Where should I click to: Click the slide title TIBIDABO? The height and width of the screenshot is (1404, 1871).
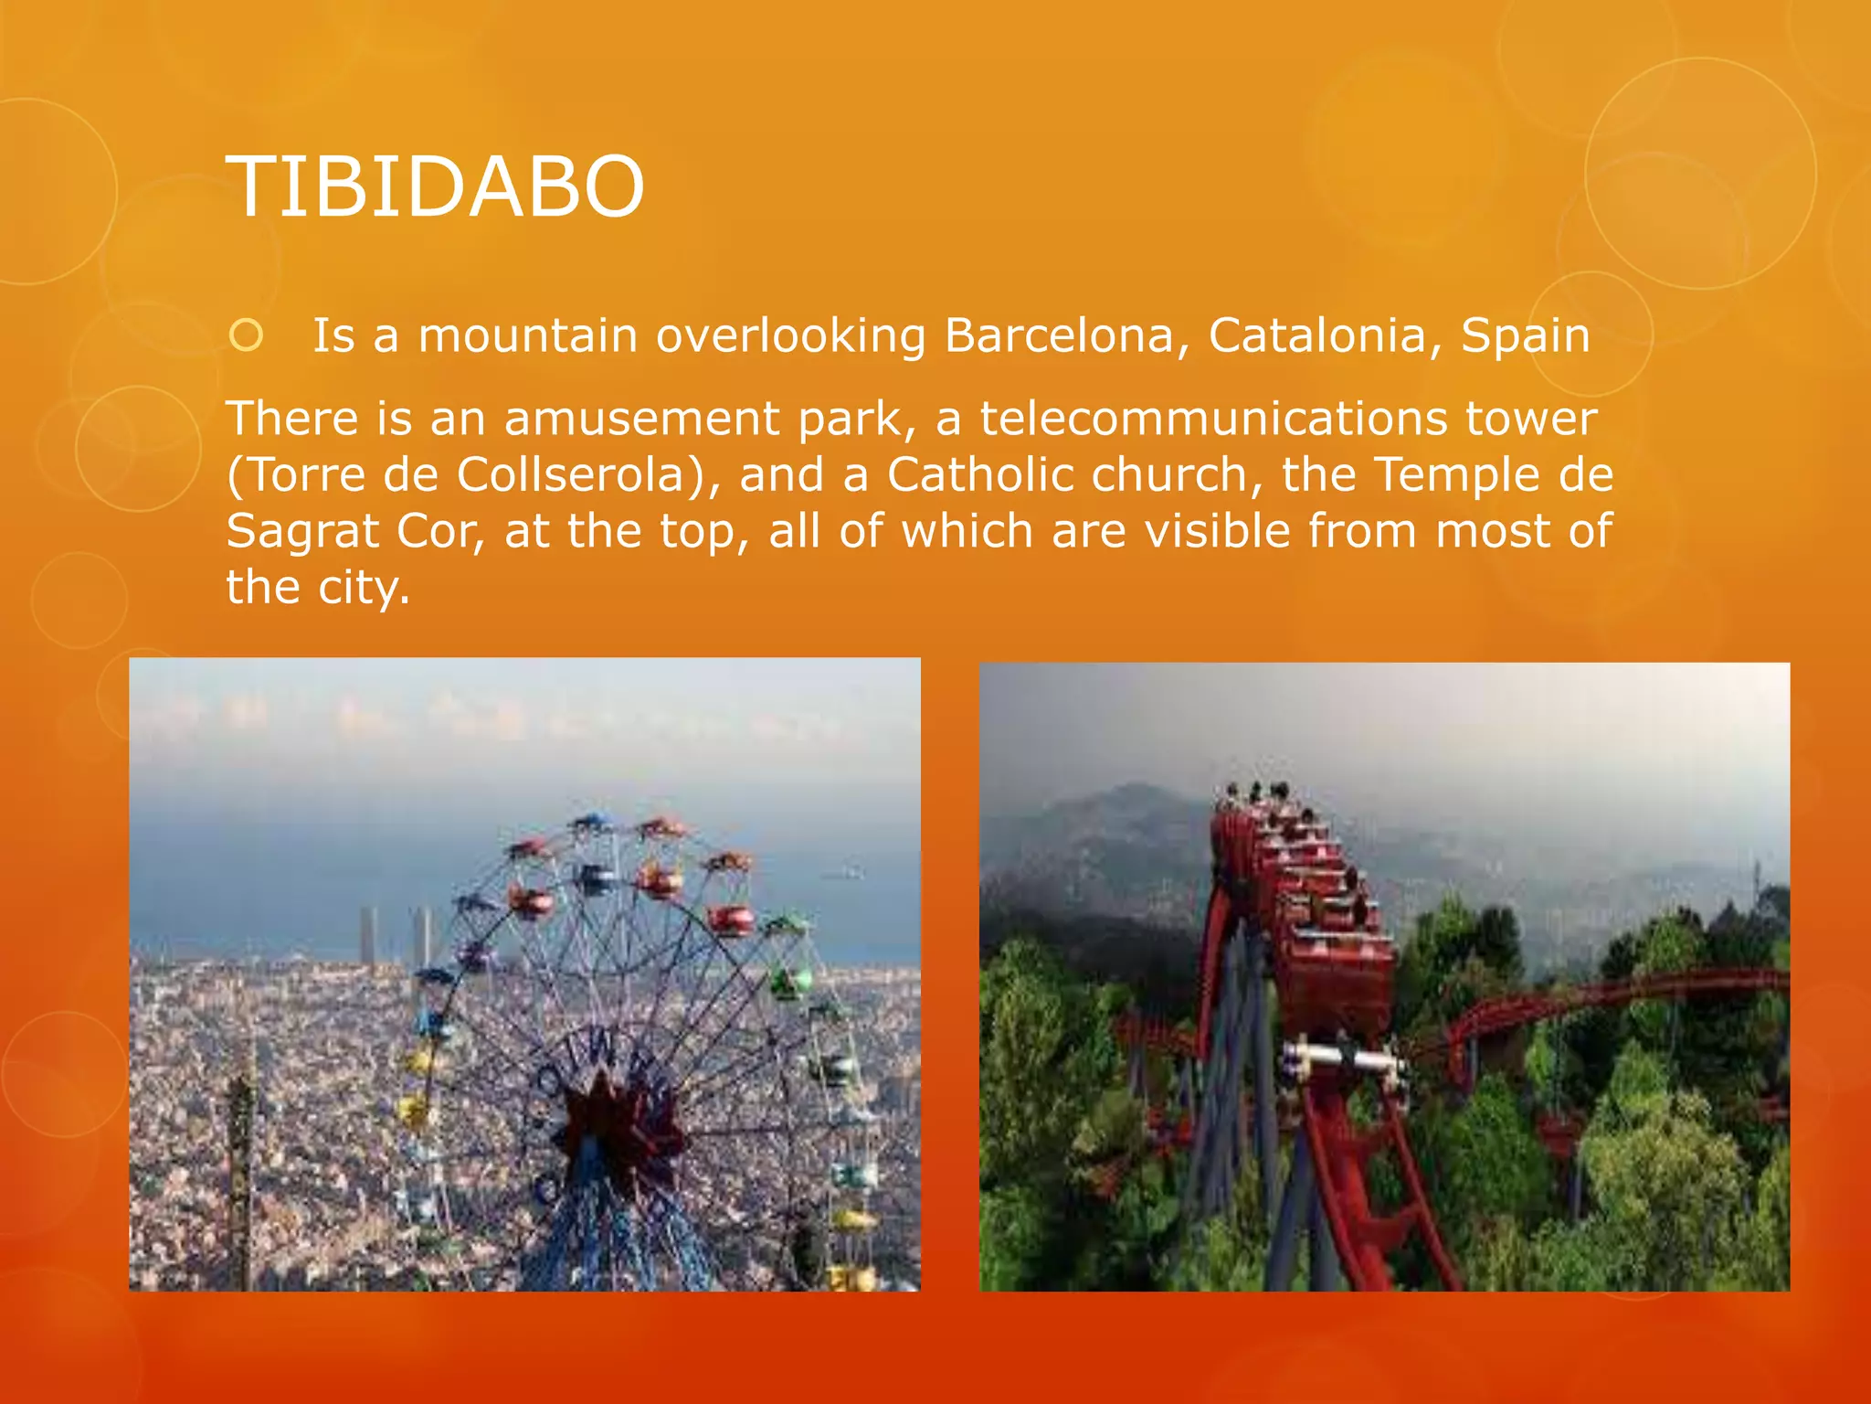pyautogui.click(x=435, y=186)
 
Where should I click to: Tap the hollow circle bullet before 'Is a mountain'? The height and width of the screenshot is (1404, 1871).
pyautogui.click(x=246, y=336)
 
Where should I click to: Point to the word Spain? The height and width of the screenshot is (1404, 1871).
pyautogui.click(x=1525, y=335)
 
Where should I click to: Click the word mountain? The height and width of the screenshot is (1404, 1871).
pyautogui.click(x=527, y=335)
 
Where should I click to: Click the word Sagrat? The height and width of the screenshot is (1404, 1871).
pyautogui.click(x=301, y=532)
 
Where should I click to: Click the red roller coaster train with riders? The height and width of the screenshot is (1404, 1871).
pyautogui.click(x=1306, y=896)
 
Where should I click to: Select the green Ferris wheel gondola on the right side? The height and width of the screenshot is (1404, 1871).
pyautogui.click(x=791, y=982)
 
